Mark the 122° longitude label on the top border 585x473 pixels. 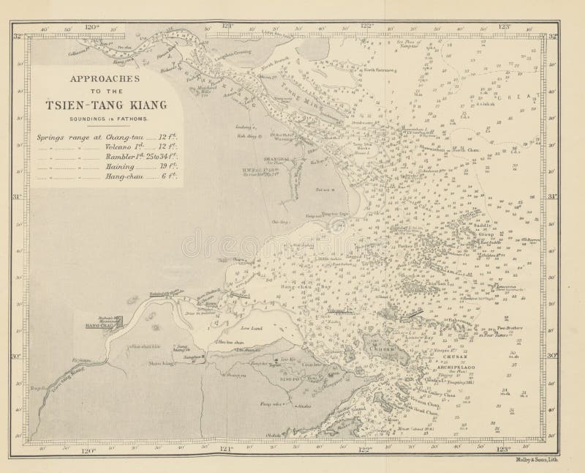[x=369, y=27]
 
